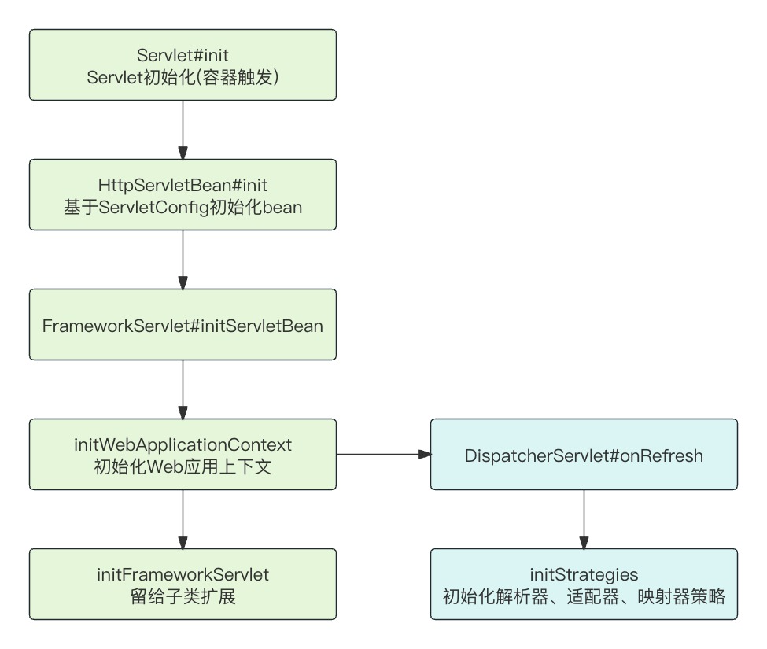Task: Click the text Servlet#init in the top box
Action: tap(183, 55)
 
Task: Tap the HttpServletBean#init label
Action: tap(183, 185)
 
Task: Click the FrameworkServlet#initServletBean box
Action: tap(183, 325)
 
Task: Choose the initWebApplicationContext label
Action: tap(183, 444)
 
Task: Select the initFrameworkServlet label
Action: tap(183, 574)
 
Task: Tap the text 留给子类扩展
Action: tap(183, 596)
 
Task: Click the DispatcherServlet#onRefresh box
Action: tap(584, 455)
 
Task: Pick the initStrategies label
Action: tap(584, 574)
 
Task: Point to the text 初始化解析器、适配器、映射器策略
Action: tap(584, 596)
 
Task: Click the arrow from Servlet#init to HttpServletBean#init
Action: tap(183, 130)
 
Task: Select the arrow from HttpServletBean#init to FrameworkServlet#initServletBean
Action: tap(183, 260)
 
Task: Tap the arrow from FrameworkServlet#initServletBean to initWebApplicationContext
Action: tap(183, 389)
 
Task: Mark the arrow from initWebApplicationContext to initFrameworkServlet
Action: tap(183, 519)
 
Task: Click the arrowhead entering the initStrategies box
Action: tap(584, 543)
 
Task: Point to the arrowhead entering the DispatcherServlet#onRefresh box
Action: tap(425, 455)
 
